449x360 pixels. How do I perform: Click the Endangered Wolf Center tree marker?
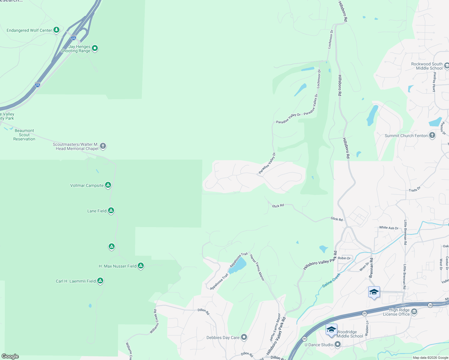(56, 30)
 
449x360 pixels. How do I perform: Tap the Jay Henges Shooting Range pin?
(95, 48)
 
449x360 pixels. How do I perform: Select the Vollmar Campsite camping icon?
(108, 185)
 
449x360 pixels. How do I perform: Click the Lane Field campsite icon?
(111, 211)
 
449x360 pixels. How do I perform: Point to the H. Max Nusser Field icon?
(141, 266)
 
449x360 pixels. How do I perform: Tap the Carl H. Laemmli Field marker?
(100, 281)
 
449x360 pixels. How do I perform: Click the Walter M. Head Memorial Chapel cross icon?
(103, 146)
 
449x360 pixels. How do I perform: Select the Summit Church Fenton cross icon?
(432, 135)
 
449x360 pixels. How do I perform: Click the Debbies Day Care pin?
(244, 337)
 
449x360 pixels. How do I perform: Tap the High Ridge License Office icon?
(414, 312)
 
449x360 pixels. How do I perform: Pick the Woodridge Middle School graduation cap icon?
(331, 330)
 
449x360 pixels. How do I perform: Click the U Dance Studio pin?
(338, 345)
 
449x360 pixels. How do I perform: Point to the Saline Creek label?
(331, 280)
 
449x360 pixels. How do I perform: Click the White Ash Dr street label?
(389, 228)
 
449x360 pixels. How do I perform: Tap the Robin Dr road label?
(344, 258)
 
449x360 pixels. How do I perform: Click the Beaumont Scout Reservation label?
(24, 135)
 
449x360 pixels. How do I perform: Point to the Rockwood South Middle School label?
(427, 66)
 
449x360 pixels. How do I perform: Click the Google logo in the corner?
(10, 356)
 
